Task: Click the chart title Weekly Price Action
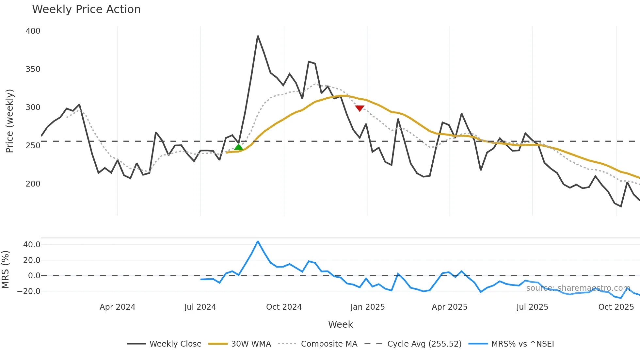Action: point(86,9)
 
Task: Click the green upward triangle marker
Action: point(239,147)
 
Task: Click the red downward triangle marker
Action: point(360,108)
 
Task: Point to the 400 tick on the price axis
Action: point(33,31)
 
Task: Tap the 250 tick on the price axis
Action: point(33,146)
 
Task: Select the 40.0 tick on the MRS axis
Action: point(32,245)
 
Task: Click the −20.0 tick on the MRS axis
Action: point(29,291)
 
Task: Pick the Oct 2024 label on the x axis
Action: point(284,307)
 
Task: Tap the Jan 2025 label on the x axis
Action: point(367,307)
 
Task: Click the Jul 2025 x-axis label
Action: point(532,307)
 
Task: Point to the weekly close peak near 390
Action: point(258,36)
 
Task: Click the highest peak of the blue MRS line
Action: point(258,241)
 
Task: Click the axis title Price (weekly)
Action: point(10,121)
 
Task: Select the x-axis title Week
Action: point(340,324)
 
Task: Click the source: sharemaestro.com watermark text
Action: point(578,288)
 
